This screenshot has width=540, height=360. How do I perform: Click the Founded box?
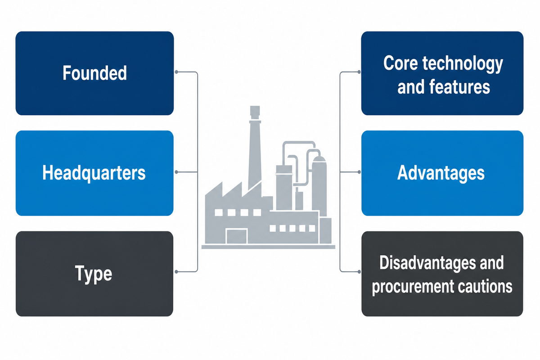pyautogui.click(x=94, y=73)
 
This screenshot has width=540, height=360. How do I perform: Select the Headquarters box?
pyautogui.click(x=94, y=173)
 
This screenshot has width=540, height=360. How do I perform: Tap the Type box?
pyautogui.click(x=94, y=274)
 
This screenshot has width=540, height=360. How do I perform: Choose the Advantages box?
pyautogui.click(x=442, y=173)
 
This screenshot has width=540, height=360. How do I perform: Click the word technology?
pyautogui.click(x=463, y=64)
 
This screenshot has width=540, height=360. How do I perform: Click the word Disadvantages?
pyautogui.click(x=427, y=262)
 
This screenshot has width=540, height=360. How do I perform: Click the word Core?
pyautogui.click(x=400, y=63)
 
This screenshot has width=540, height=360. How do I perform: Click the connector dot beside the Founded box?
pyautogui.click(x=176, y=72)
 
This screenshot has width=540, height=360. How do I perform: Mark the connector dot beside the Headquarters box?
pyautogui.click(x=176, y=172)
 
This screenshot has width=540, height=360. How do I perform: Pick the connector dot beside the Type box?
pyautogui.click(x=176, y=272)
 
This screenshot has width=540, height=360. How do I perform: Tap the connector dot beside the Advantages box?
pyautogui.click(x=359, y=172)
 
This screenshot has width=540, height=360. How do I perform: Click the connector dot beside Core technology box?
pyautogui.click(x=359, y=72)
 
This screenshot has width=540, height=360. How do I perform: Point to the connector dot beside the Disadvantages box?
pyautogui.click(x=359, y=272)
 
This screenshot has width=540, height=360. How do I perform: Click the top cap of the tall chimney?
pyautogui.click(x=255, y=112)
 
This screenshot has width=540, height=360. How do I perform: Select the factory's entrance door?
pyautogui.click(x=237, y=237)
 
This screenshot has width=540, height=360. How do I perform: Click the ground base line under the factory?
pyautogui.click(x=268, y=247)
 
